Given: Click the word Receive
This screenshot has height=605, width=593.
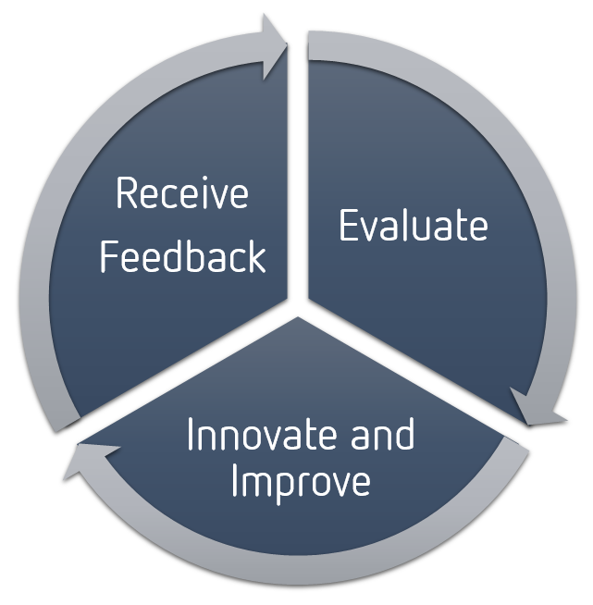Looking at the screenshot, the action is [x=182, y=193].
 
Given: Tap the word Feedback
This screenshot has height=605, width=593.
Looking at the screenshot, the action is [x=183, y=255].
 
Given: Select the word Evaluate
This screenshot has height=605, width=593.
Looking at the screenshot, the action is [x=414, y=225].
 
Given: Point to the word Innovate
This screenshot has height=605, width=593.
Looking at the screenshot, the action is [x=265, y=434].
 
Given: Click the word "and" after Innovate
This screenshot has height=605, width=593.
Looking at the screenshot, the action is [x=382, y=434].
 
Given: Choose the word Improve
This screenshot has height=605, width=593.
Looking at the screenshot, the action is [x=301, y=483].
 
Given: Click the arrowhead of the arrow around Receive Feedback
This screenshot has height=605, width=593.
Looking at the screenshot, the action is [x=275, y=46].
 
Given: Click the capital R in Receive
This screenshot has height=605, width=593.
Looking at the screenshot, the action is [x=127, y=193].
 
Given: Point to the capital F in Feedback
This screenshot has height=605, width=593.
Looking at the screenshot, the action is [x=109, y=255].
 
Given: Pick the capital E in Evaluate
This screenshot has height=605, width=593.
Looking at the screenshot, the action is [x=349, y=225].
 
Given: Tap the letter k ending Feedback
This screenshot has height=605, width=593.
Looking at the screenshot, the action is [x=256, y=255].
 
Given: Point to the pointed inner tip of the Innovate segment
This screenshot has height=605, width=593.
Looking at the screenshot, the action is [x=298, y=317].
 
